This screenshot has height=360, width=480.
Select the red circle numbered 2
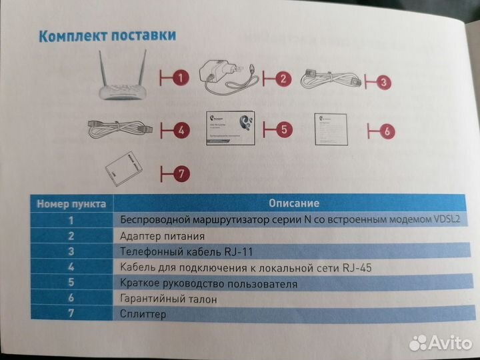pyautogui.click(x=283, y=79)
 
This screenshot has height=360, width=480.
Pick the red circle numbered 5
pyautogui.click(x=283, y=128)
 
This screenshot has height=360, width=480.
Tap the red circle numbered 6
pyautogui.click(x=387, y=131)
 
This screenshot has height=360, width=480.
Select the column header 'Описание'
pyautogui.click(x=293, y=203)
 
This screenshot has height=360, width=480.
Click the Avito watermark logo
pyautogui.click(x=440, y=343)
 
